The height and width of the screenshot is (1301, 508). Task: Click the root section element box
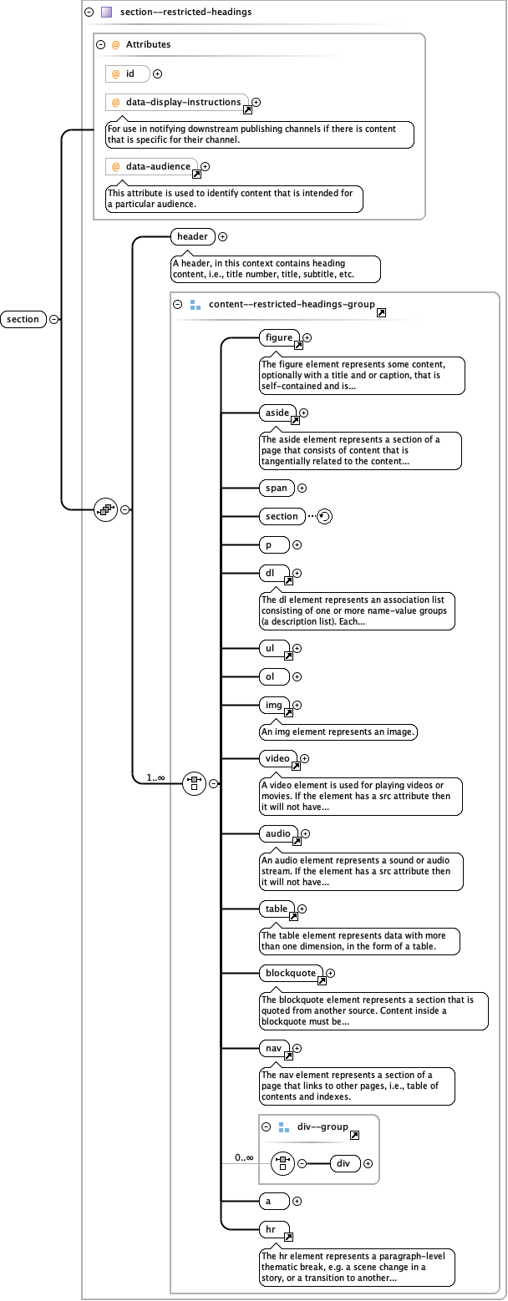pos(23,319)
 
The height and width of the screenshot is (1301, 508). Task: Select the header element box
pos(191,236)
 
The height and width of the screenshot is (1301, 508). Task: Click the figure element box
pos(278,338)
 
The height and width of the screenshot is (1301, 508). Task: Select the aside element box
pos(277,413)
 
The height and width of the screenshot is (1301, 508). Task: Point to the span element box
pos(275,488)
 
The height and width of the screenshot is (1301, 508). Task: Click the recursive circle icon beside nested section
pos(325,516)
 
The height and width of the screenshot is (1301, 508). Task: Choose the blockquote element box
pos(290,973)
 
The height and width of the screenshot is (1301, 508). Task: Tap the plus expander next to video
pos(304,759)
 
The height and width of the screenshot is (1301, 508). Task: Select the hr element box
pos(273,1230)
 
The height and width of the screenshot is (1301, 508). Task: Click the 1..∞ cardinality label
pos(156,777)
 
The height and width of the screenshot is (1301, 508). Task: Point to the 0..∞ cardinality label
pos(244,1157)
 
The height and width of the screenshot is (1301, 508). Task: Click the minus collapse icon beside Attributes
pos(100,44)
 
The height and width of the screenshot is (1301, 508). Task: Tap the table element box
pos(276,909)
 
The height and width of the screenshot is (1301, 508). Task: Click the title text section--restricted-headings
pos(185,12)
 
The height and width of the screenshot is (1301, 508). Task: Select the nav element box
pos(273,1047)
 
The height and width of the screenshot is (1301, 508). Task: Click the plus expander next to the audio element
pos(305,833)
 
